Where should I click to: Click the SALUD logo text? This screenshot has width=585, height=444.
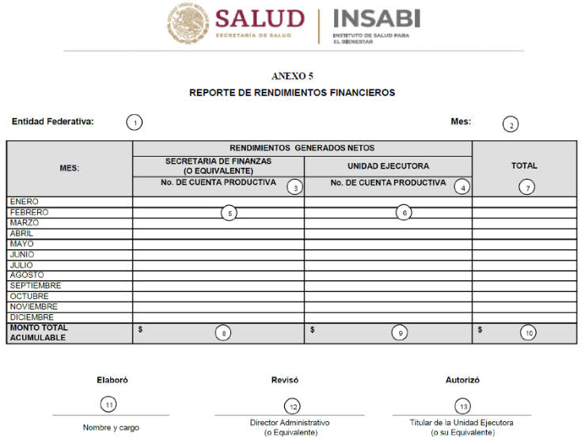coord(259,19)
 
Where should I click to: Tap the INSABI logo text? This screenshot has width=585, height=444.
coord(376,19)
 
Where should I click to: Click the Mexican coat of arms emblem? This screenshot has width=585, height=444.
coord(188,25)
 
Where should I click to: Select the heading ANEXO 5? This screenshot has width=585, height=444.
coord(292,76)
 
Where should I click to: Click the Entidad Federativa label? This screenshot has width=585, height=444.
coord(52,122)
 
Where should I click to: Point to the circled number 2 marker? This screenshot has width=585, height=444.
coord(511,125)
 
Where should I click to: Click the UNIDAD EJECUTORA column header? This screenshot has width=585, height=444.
coord(388,166)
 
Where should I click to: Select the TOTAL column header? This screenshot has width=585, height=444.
coord(524,165)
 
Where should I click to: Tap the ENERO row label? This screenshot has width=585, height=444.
coord(24,202)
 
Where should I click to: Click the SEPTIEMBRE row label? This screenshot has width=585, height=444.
coord(35,286)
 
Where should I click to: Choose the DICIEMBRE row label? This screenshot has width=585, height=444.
coord(32,317)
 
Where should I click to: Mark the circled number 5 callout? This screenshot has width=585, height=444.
coord(228,213)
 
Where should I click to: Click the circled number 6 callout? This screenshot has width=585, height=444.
coord(404,213)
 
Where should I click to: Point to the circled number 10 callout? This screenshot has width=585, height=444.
coord(528,333)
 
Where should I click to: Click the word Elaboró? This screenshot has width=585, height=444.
coord(112,380)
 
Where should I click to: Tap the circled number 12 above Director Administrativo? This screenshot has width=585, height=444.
coord(293,406)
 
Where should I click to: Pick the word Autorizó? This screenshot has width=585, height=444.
coord(462,380)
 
